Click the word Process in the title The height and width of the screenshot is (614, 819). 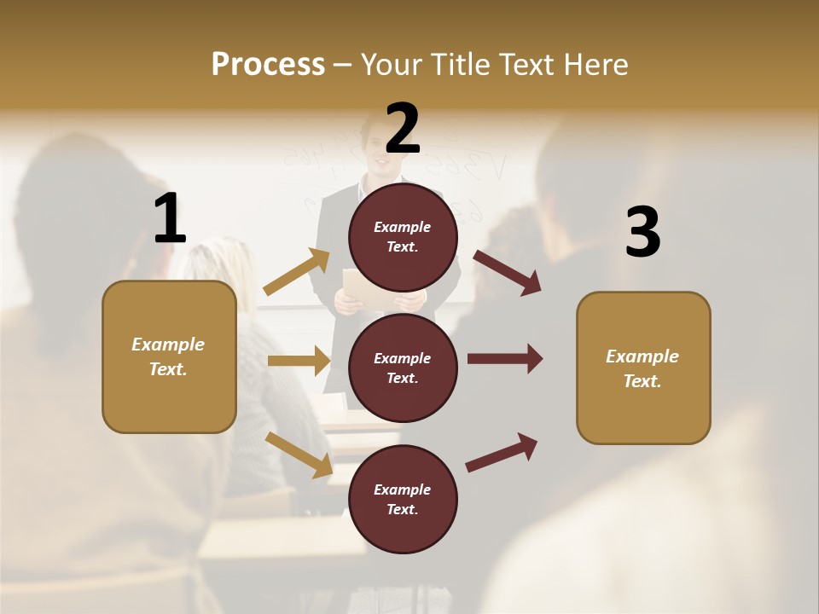(268, 65)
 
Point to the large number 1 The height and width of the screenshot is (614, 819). (170, 218)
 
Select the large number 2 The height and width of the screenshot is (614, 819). (403, 128)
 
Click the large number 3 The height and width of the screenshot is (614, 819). (642, 232)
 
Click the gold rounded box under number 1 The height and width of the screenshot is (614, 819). (169, 356)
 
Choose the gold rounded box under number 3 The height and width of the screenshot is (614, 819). (643, 368)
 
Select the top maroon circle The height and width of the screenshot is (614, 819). (403, 237)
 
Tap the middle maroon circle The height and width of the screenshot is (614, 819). (403, 368)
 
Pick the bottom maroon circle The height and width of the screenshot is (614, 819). (403, 499)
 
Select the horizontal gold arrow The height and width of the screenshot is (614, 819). (299, 361)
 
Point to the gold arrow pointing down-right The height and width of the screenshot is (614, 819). (299, 454)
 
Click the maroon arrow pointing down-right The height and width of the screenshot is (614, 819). (508, 272)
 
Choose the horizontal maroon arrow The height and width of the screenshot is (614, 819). (505, 358)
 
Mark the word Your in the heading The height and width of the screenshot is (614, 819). (394, 65)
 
